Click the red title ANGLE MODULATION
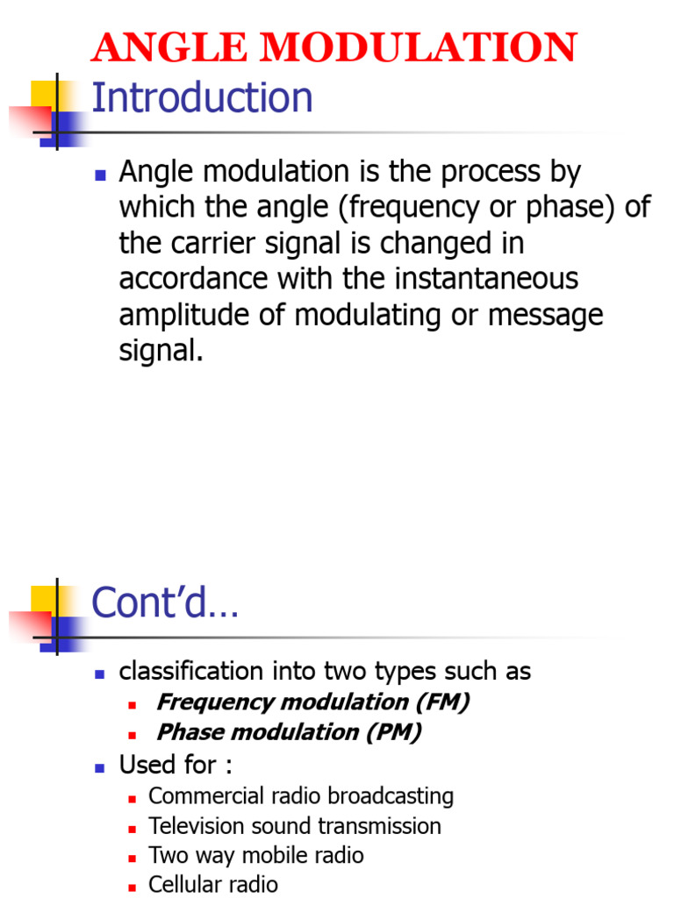click(x=334, y=47)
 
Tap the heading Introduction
click(x=202, y=97)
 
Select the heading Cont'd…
click(x=165, y=602)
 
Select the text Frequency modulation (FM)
click(x=312, y=702)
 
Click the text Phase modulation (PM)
click(x=289, y=732)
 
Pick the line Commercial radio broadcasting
click(x=301, y=796)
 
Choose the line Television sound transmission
click(x=295, y=826)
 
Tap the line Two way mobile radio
click(x=256, y=855)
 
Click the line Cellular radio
click(x=213, y=884)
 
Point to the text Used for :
click(x=176, y=765)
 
